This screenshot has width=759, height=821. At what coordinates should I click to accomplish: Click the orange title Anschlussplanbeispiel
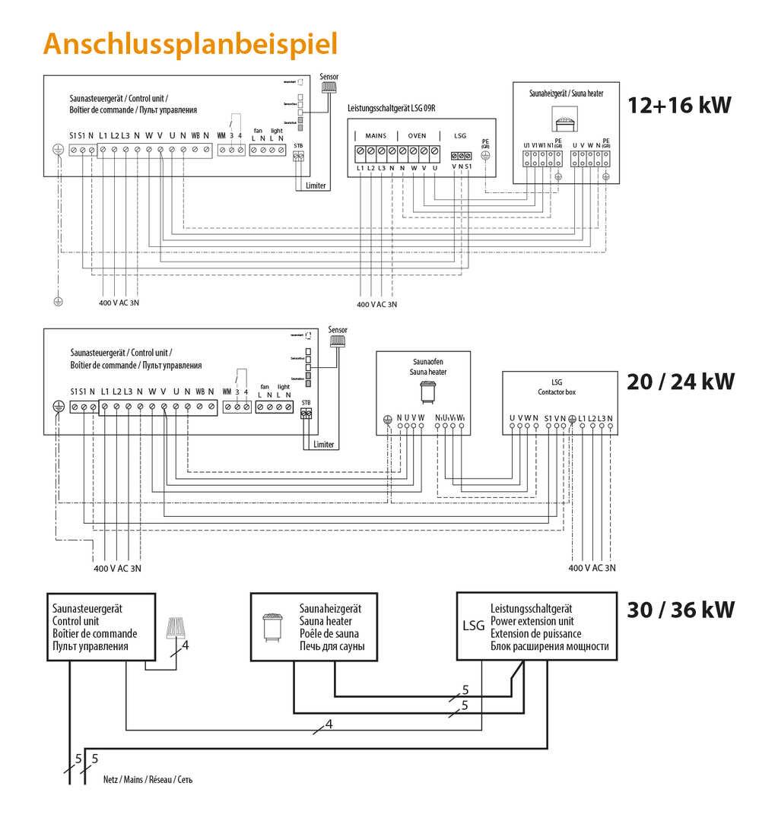190,43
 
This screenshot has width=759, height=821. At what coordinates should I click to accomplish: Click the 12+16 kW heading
679,105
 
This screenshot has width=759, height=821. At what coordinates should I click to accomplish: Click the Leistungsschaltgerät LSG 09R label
395,109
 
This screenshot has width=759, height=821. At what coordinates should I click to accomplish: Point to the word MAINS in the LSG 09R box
376,135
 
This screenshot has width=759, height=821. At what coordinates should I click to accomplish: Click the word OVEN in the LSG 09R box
418,135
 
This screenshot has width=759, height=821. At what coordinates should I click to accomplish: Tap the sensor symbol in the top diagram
329,86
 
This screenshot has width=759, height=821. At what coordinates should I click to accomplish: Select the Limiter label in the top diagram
316,185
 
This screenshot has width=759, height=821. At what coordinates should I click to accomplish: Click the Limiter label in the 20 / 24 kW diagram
324,444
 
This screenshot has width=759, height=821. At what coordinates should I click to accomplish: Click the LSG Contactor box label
559,385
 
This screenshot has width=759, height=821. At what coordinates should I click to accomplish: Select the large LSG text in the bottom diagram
473,626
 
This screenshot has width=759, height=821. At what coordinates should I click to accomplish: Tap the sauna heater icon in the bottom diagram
272,627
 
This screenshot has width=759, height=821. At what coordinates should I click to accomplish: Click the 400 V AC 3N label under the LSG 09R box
377,304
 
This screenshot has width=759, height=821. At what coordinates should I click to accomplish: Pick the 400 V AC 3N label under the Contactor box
592,568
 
